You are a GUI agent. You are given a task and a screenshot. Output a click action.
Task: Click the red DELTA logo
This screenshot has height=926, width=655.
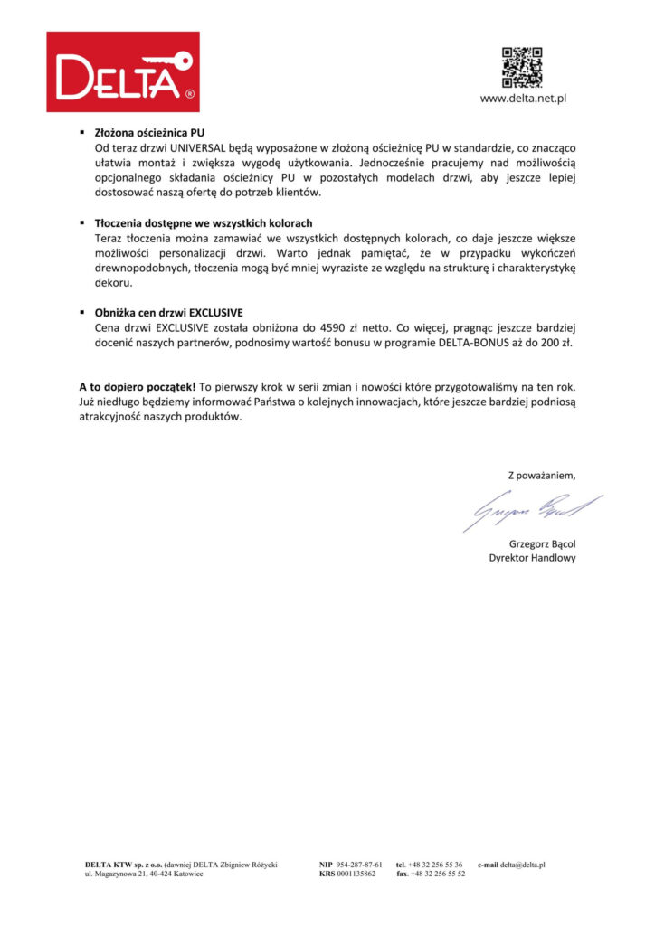click(123, 71)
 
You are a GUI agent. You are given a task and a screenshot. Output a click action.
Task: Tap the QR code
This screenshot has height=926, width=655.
click(521, 66)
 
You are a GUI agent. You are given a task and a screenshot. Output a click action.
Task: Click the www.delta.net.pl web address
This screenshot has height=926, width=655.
click(522, 99)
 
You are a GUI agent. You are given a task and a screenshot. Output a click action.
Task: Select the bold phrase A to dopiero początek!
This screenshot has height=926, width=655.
click(137, 387)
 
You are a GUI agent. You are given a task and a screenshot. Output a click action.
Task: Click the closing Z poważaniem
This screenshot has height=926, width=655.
click(541, 475)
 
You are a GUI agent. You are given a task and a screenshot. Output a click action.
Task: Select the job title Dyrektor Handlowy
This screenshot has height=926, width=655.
click(532, 559)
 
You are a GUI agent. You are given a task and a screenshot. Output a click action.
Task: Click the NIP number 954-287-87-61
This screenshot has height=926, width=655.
click(359, 865)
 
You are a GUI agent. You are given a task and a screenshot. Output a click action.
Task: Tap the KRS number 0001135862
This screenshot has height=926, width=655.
click(356, 874)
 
